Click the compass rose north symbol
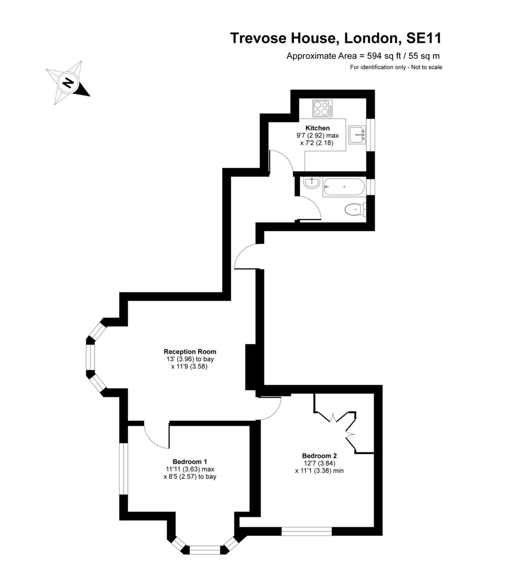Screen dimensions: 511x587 click(67, 82)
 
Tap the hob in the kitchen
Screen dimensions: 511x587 click(322, 108)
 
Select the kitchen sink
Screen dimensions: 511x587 click(357, 135)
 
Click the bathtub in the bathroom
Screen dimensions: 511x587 click(344, 187)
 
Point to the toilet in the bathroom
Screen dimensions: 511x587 click(354, 209)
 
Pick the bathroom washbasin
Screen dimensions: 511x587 click(311, 183)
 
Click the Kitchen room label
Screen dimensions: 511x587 click(317, 128)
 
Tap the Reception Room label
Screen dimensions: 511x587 click(190, 352)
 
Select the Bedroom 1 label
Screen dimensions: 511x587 click(190, 461)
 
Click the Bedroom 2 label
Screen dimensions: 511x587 click(319, 456)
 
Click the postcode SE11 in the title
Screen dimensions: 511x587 click(424, 38)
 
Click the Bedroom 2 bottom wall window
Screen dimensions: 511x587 click(307, 531)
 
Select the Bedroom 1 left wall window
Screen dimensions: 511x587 click(123, 469)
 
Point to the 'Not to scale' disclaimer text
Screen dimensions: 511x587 click(426, 67)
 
